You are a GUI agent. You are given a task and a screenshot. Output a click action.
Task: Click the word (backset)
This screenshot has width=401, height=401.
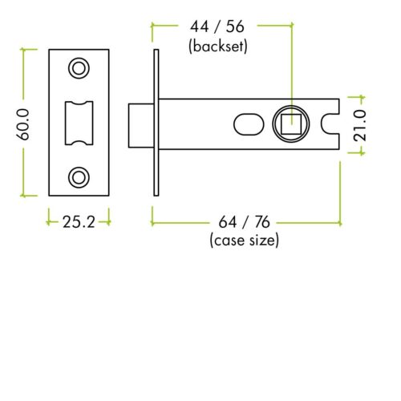pos(217,47)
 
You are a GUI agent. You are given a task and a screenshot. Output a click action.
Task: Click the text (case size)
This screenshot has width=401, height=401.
pos(244,239)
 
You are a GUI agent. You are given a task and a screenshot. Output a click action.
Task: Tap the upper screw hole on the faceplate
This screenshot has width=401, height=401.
pos(79,68)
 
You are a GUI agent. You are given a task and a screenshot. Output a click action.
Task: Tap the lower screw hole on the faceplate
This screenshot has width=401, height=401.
pos(79,176)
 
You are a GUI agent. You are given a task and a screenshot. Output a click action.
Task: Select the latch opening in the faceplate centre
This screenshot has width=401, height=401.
pos(79,122)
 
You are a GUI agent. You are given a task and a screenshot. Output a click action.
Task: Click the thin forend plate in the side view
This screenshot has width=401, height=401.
pos(157,123)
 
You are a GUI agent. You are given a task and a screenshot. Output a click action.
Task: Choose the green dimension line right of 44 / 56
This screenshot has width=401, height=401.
pos(269,26)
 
